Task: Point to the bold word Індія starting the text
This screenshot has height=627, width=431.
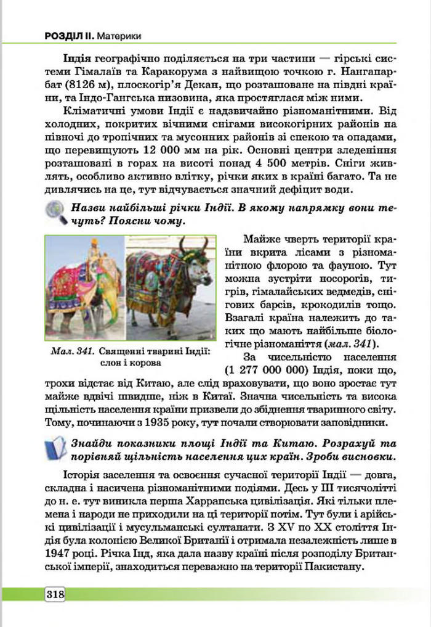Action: [x=78, y=57]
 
